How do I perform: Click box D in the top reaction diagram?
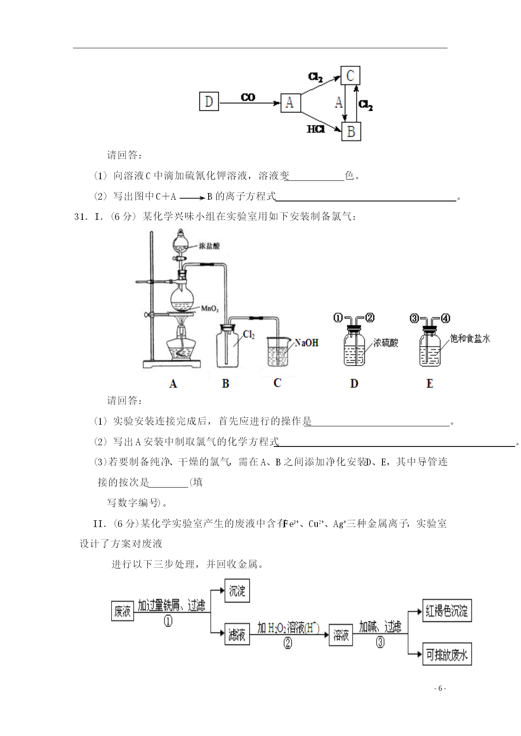pyautogui.click(x=209, y=102)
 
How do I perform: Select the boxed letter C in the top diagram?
pyautogui.click(x=350, y=76)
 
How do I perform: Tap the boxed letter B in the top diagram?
pyautogui.click(x=351, y=132)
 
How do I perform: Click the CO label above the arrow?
pyautogui.click(x=248, y=97)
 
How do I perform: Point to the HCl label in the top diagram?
pyautogui.click(x=316, y=129)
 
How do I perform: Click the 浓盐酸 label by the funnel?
pyautogui.click(x=209, y=246)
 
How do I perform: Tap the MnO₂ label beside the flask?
pyautogui.click(x=210, y=309)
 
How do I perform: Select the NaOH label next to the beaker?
pyautogui.click(x=306, y=343)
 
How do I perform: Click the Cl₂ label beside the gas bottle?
pyautogui.click(x=249, y=334)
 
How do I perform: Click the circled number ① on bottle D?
pyautogui.click(x=338, y=318)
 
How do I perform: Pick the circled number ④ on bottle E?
pyautogui.click(x=445, y=318)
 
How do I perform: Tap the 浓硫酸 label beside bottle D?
pyautogui.click(x=386, y=343)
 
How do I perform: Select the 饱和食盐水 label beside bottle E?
pyautogui.click(x=470, y=338)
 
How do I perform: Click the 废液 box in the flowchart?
pyautogui.click(x=123, y=611)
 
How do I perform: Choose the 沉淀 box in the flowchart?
pyautogui.click(x=237, y=591)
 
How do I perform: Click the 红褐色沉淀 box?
pyautogui.click(x=447, y=611)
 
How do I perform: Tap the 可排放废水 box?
pyautogui.click(x=447, y=654)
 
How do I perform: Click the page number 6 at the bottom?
pyautogui.click(x=440, y=689)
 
